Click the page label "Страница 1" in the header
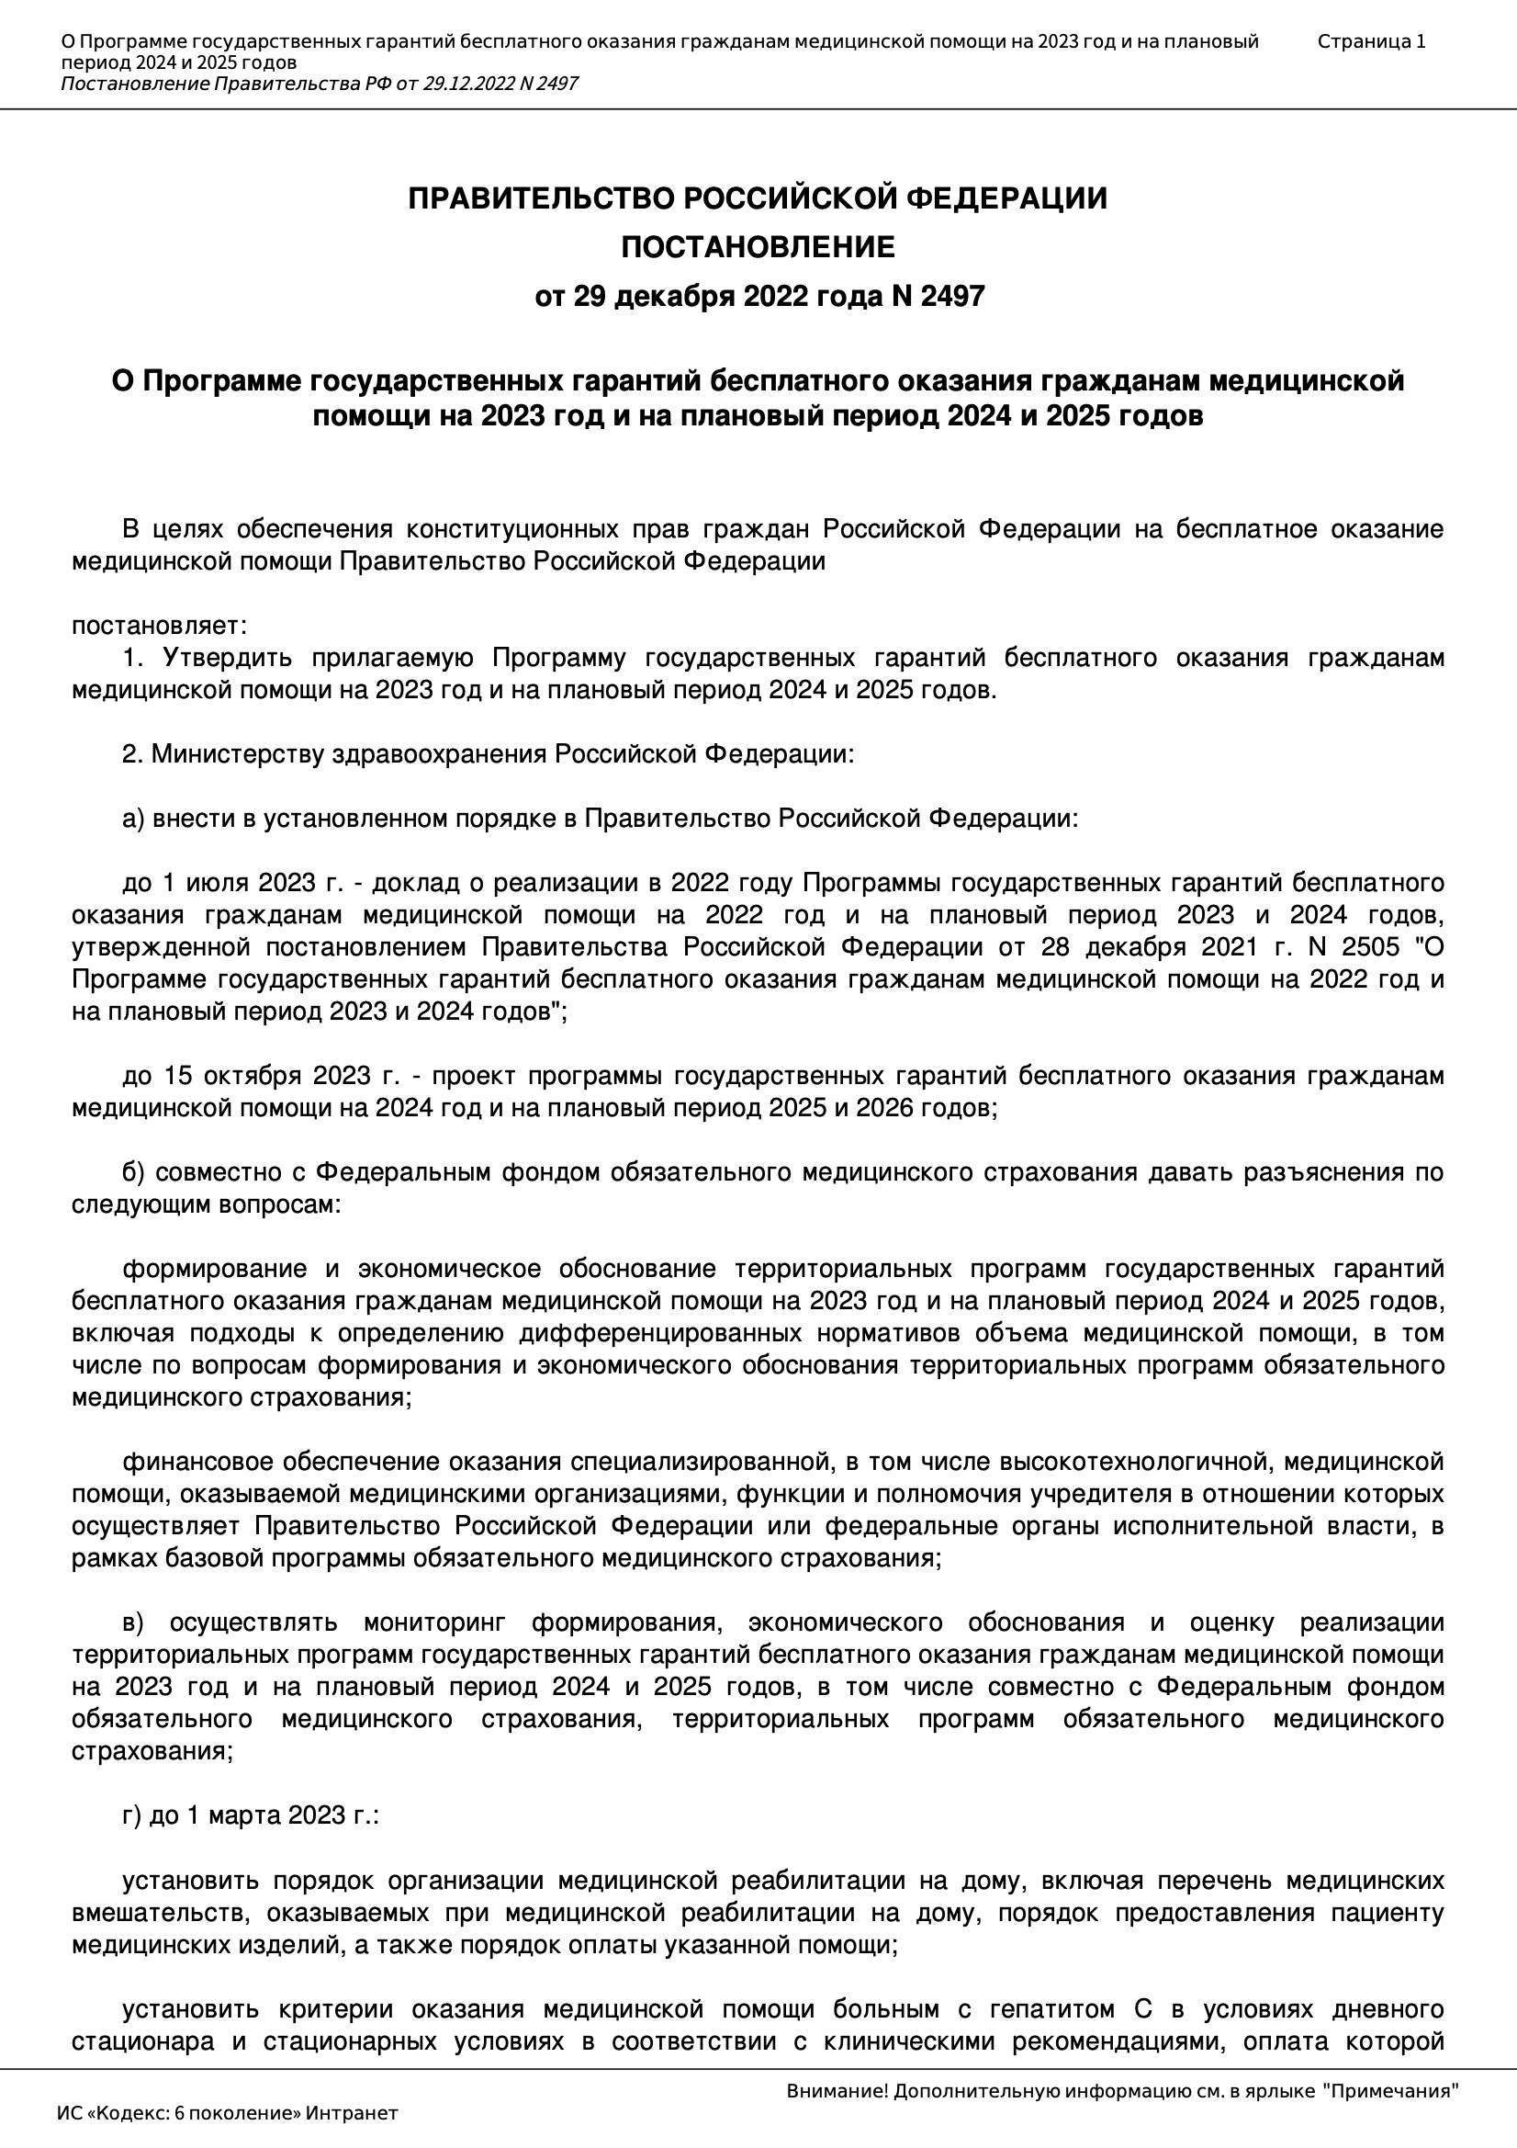coord(1371,41)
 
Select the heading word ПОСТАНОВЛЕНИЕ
coord(758,247)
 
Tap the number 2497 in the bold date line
coord(952,297)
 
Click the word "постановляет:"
coord(159,626)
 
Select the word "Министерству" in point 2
coord(239,754)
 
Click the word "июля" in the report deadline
coord(217,883)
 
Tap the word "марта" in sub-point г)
coord(243,1814)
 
